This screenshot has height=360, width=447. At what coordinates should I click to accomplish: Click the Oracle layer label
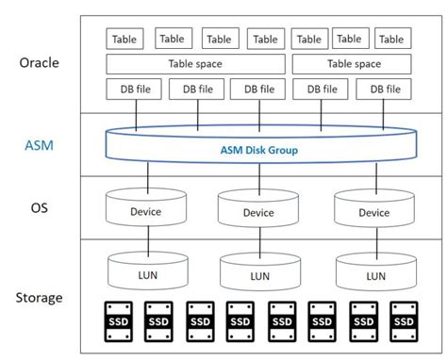pyautogui.click(x=39, y=63)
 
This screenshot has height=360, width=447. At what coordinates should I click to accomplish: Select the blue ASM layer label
pyautogui.click(x=39, y=145)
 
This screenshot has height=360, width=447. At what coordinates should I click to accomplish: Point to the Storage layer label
pyautogui.click(x=39, y=298)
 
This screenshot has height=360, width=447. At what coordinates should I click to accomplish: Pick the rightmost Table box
pyautogui.click(x=390, y=39)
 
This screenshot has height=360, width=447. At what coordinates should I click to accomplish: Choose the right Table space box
pyautogui.click(x=354, y=64)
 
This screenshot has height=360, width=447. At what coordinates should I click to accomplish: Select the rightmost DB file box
pyautogui.click(x=383, y=90)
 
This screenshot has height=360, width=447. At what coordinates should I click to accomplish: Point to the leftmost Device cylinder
pyautogui.click(x=145, y=210)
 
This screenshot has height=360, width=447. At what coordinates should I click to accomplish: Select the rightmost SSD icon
pyautogui.click(x=404, y=321)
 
